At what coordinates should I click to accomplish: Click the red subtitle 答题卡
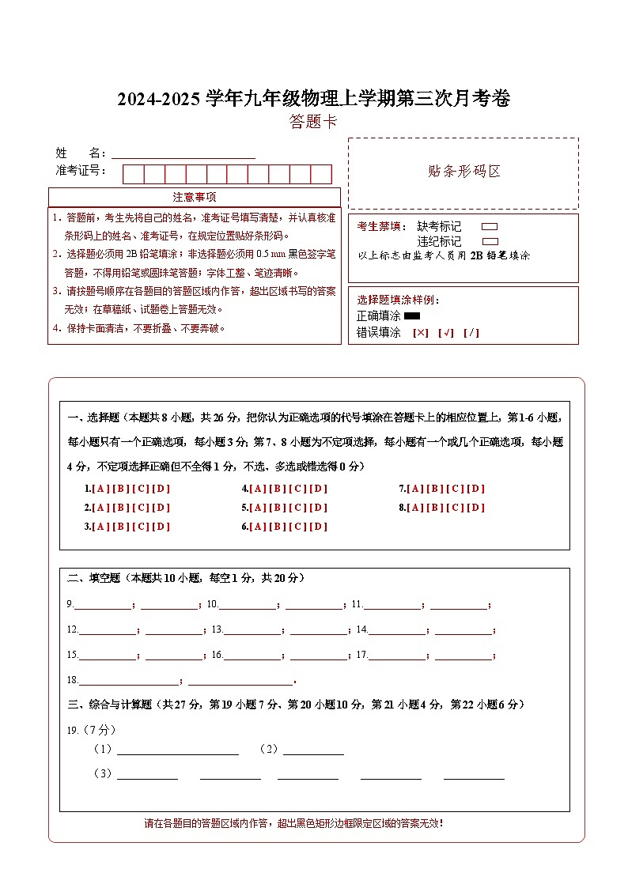[313, 122]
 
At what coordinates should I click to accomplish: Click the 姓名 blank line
[183, 155]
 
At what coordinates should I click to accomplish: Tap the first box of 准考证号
[133, 174]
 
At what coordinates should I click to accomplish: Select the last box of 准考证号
[321, 174]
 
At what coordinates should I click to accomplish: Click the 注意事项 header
[195, 197]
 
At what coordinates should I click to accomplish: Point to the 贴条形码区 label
[463, 172]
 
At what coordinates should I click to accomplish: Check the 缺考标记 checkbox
[490, 227]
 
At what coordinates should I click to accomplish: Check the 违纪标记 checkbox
[490, 241]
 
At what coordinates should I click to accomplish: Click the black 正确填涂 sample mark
[412, 316]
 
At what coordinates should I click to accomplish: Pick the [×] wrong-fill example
[421, 333]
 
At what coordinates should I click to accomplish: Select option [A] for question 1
[100, 489]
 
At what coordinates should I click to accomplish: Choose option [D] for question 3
[161, 527]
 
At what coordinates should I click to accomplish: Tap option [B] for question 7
[436, 489]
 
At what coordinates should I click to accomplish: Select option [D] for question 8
[476, 508]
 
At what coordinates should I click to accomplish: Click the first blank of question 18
[129, 681]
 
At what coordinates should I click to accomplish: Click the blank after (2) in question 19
[313, 750]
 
